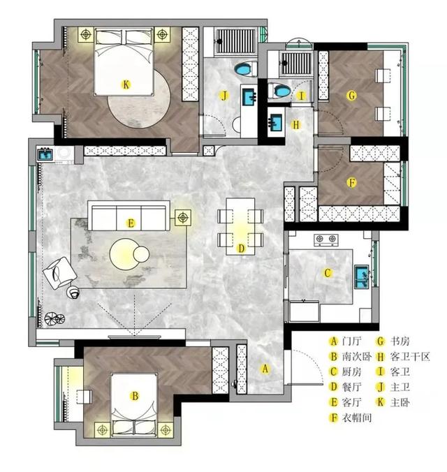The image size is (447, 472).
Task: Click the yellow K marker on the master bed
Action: click(126, 84)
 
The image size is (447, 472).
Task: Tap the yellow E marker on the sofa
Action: click(131, 223)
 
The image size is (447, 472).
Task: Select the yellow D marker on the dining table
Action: click(241, 249)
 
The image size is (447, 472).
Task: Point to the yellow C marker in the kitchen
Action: click(328, 273)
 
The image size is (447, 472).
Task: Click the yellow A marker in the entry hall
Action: click(265, 369)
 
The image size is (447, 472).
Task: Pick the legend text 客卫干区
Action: click(410, 357)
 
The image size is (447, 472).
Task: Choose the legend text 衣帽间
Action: click(357, 418)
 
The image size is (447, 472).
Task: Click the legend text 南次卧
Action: click(357, 357)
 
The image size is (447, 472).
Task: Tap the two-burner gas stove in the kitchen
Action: click(326, 239)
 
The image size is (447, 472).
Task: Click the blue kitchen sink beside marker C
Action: click(362, 276)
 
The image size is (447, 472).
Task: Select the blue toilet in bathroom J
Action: click(245, 69)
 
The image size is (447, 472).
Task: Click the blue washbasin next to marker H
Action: click(275, 122)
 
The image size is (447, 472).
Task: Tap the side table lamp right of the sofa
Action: click(182, 217)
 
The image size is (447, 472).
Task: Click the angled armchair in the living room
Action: click(59, 273)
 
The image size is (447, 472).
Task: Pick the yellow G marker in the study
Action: click(351, 96)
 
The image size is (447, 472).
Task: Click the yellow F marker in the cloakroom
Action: click(351, 182)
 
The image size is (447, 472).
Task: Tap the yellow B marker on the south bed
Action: click(135, 396)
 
